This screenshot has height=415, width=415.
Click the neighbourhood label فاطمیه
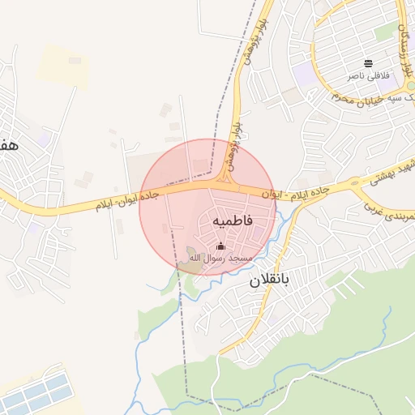point(233,220)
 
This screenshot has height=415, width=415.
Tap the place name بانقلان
point(268,281)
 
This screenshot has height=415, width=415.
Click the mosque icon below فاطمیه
point(220,245)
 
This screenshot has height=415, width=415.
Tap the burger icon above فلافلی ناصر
point(369,63)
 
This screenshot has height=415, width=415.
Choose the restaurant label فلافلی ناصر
point(369,75)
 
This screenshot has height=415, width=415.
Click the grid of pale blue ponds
point(36,393)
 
